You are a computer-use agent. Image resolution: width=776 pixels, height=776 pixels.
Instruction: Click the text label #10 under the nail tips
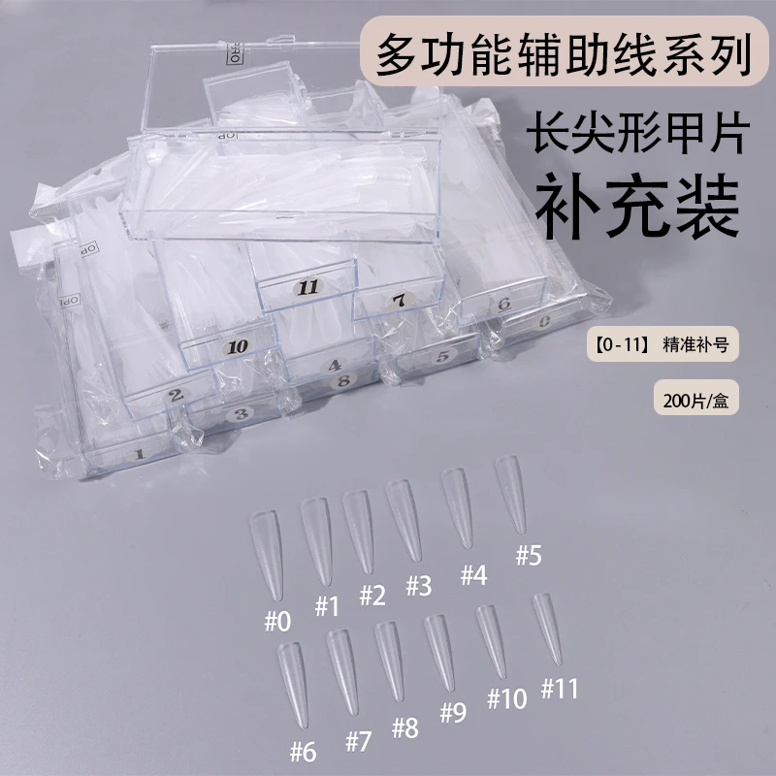pos(505,698)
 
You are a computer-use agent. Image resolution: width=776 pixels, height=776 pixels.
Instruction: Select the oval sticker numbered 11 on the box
pos(309,287)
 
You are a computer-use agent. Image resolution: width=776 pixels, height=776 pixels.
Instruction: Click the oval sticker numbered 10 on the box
pos(235,345)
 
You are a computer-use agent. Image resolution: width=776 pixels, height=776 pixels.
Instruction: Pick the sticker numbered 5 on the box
pos(442,356)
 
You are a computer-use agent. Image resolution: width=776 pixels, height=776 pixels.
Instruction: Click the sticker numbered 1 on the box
pos(138,453)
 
